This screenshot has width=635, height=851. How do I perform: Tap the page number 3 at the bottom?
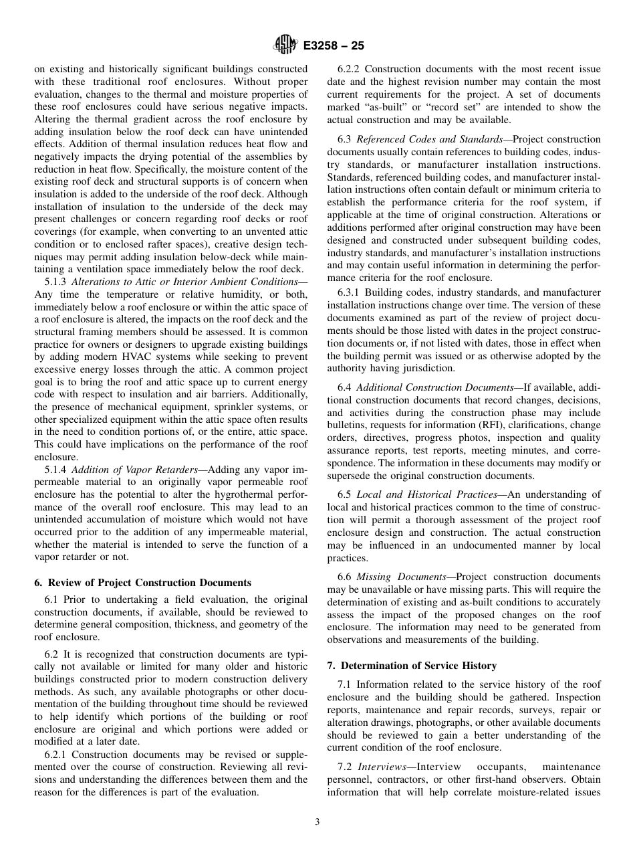[317, 822]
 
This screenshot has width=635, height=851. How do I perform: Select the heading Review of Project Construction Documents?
[142, 583]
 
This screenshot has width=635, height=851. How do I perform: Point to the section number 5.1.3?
[55, 282]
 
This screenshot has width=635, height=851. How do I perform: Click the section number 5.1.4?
[55, 470]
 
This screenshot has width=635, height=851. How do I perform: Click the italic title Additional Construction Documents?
[428, 387]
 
